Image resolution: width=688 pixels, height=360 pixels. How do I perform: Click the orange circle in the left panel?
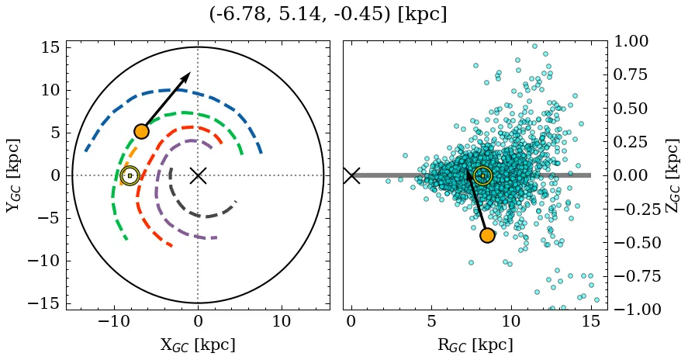(x=141, y=132)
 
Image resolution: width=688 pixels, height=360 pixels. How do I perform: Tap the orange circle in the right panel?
(x=487, y=235)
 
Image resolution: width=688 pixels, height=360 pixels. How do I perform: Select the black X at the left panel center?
(x=198, y=175)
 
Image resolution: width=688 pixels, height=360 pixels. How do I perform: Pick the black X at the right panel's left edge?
(x=351, y=175)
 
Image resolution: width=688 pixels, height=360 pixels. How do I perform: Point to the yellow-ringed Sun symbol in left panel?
(x=130, y=175)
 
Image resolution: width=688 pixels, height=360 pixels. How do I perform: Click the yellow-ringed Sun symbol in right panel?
(x=482, y=175)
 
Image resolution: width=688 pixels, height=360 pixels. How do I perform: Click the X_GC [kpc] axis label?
(x=198, y=344)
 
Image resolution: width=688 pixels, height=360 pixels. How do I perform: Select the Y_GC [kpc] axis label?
(x=14, y=175)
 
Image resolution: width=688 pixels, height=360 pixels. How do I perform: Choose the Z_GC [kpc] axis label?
(x=672, y=175)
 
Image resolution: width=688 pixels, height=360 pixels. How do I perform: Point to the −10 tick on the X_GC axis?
(x=114, y=321)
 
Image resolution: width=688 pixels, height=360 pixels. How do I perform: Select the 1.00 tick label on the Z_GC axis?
(x=634, y=41)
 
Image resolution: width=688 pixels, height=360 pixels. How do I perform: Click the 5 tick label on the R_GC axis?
(x=431, y=321)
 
